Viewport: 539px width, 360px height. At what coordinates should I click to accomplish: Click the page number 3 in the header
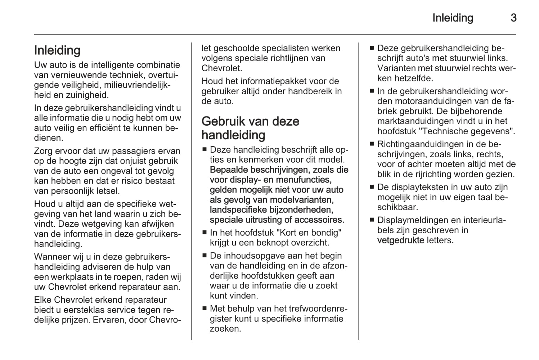coord(513,18)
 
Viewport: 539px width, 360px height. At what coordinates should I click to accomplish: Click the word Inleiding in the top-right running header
coord(453,18)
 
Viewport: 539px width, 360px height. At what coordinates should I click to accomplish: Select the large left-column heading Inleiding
coord(57,50)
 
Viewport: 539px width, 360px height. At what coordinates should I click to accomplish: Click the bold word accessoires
coord(319,220)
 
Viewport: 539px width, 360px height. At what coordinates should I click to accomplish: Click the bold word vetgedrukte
coord(400,240)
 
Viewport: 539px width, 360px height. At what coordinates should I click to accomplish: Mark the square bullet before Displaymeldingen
coord(372,220)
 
